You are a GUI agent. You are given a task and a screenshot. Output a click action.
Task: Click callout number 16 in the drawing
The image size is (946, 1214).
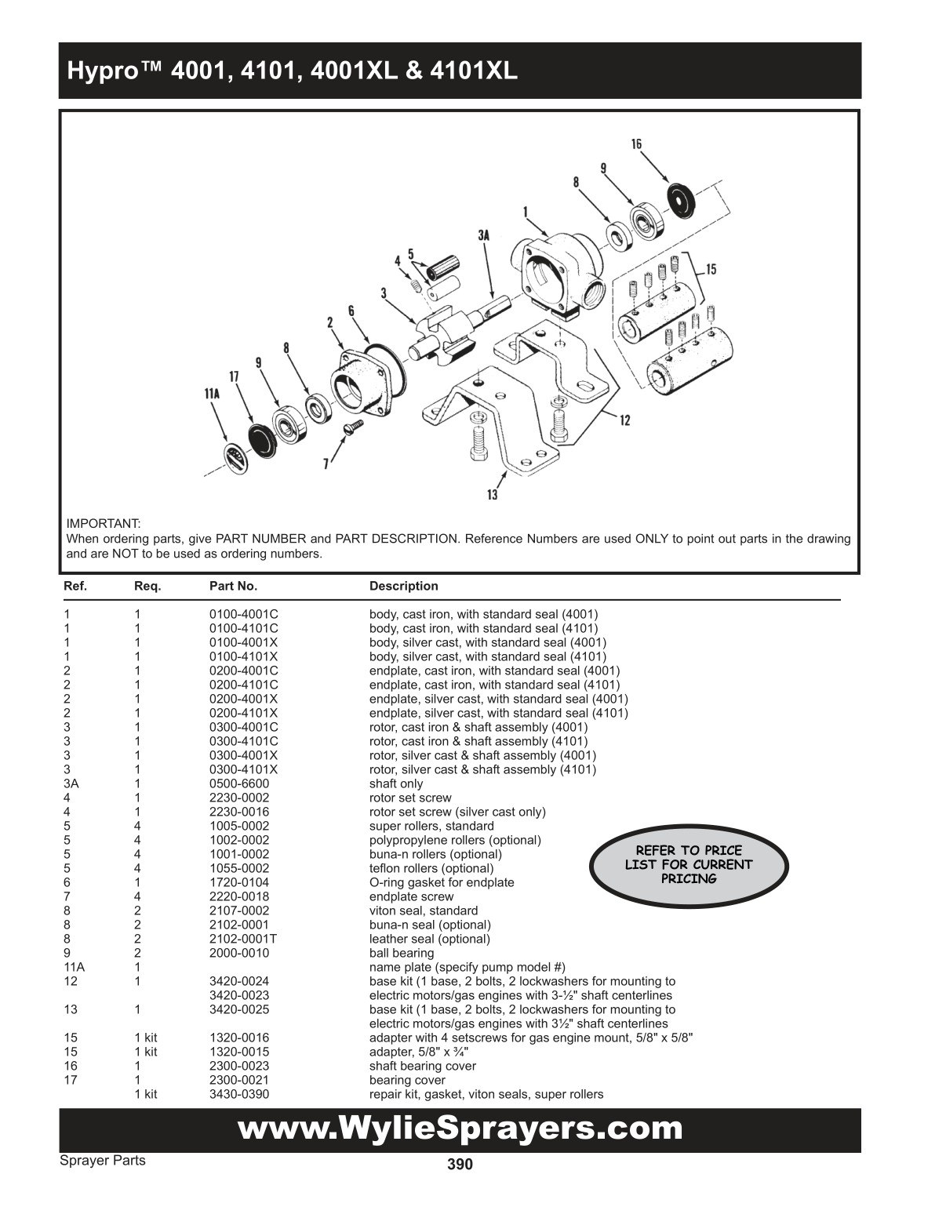point(636,144)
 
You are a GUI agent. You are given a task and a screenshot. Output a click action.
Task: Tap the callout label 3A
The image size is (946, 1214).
point(484,234)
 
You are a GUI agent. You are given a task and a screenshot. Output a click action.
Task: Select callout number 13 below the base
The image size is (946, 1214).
point(492,494)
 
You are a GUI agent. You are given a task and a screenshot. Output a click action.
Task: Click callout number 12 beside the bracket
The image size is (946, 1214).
point(624,420)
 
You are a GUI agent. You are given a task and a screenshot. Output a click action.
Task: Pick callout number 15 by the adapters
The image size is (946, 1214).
point(711,269)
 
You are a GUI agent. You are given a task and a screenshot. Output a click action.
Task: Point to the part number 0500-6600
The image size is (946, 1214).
point(238,783)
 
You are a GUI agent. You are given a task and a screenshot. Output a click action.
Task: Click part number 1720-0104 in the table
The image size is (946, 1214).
point(238,882)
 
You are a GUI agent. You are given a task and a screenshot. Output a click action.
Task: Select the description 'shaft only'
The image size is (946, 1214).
point(395,783)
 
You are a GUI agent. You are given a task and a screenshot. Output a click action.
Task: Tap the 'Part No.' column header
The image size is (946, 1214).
point(233,586)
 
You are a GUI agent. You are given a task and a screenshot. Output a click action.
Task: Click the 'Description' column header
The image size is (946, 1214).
point(403,586)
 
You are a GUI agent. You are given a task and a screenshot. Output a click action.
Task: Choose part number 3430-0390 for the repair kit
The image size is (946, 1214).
point(238,1094)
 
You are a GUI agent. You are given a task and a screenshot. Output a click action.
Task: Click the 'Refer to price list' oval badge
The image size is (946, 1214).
point(689,864)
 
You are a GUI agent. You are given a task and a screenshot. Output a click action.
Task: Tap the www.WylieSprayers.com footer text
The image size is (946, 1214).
point(460,1129)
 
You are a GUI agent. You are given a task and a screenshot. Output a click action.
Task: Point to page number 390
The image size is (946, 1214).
point(460,1164)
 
